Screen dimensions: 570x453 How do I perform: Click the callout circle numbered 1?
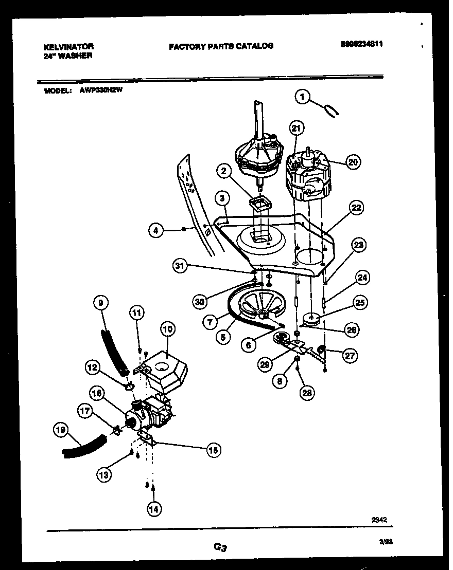coord(303,96)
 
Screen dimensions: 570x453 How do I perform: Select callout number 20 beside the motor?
coord(353,162)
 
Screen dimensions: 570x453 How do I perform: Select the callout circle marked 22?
coord(356,208)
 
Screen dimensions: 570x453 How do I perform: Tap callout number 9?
coord(101,304)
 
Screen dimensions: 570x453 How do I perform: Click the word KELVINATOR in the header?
coord(68,46)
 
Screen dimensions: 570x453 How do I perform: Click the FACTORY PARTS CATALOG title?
coord(221,46)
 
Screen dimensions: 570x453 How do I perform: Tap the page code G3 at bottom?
coord(220,548)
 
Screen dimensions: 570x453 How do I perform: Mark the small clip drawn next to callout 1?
coord(330,110)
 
